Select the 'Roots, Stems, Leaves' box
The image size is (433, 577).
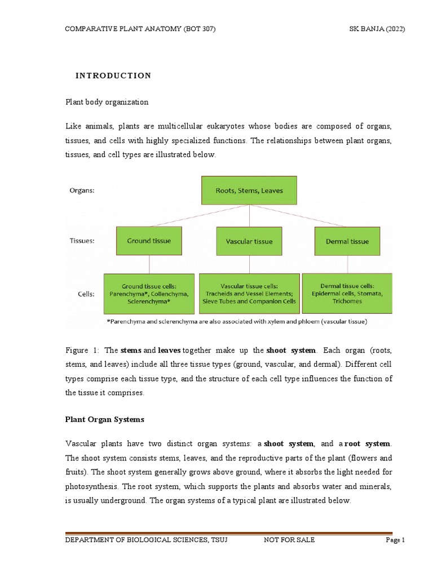(x=249, y=190)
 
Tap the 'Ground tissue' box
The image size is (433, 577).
(x=149, y=241)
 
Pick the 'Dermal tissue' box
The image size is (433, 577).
(x=347, y=241)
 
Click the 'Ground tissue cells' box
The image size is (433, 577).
(x=149, y=294)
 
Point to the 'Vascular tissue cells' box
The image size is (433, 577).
(x=249, y=294)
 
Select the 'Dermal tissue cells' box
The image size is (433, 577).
(x=347, y=293)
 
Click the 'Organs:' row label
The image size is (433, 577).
(x=82, y=190)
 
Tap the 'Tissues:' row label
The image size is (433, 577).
(x=82, y=241)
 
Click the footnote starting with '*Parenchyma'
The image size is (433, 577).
(x=237, y=322)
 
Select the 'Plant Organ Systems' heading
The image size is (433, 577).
(x=105, y=419)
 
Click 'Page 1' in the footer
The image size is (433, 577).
(x=395, y=540)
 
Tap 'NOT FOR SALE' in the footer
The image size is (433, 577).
(x=289, y=540)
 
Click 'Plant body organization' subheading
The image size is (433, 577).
(x=107, y=102)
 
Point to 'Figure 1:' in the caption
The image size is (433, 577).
(x=82, y=350)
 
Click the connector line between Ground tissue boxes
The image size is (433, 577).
(x=149, y=264)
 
